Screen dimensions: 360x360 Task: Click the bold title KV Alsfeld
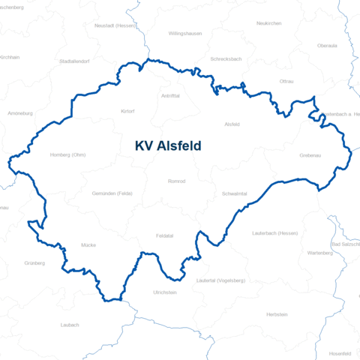click(168, 146)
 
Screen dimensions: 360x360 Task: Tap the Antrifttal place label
click(170, 96)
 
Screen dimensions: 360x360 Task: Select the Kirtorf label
click(127, 111)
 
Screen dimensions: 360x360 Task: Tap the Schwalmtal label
click(235, 193)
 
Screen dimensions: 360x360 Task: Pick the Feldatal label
click(164, 235)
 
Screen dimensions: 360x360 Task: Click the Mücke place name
click(88, 245)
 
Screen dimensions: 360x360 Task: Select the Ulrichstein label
click(164, 292)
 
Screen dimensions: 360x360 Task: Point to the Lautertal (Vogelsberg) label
click(220, 280)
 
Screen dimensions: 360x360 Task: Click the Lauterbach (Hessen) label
click(275, 233)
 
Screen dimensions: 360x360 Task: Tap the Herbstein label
click(277, 314)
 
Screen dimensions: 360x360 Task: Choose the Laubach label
click(69, 325)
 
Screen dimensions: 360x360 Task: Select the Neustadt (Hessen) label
click(115, 25)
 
